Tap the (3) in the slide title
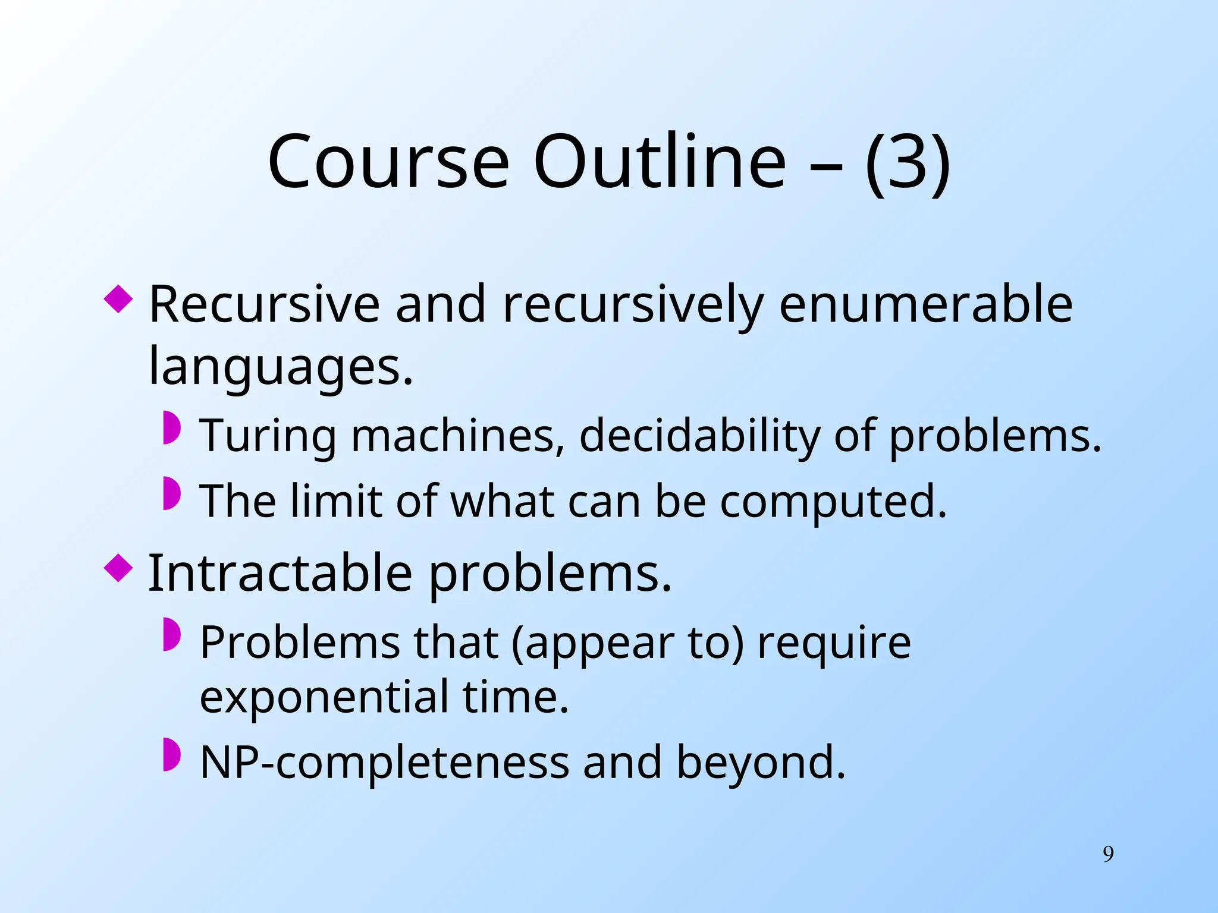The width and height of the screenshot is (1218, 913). (x=908, y=162)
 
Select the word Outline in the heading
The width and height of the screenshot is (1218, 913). (x=660, y=162)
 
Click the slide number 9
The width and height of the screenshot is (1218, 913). (x=1108, y=854)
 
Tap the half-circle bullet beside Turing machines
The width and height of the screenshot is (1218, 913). (x=171, y=427)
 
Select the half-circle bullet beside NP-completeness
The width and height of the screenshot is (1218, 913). (x=171, y=755)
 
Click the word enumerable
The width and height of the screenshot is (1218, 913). (x=925, y=304)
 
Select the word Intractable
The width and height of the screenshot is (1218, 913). (x=280, y=574)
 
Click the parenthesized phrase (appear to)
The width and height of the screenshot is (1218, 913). (x=627, y=644)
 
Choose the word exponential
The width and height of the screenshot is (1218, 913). (x=324, y=697)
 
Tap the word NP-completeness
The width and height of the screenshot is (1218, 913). (x=384, y=763)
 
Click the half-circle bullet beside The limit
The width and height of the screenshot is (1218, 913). (x=171, y=493)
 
